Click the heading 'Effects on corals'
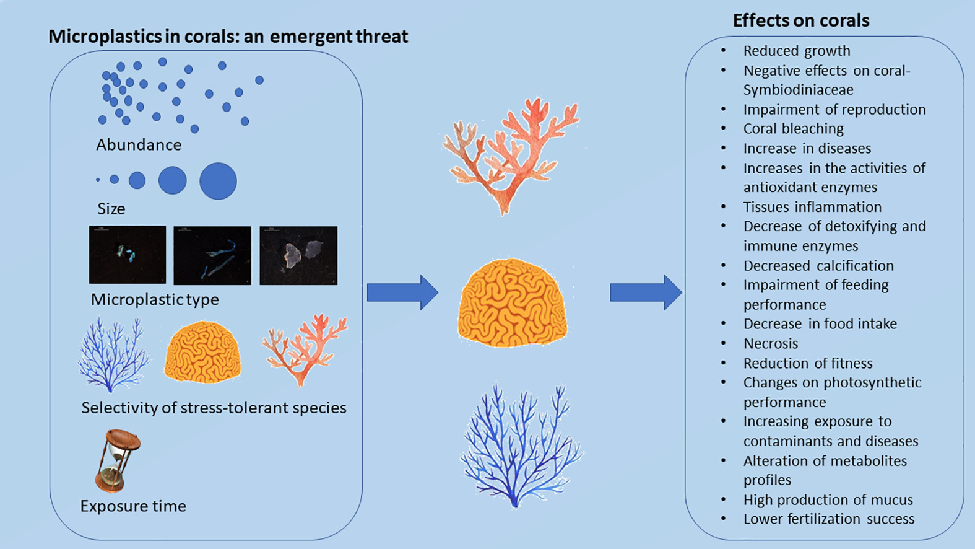click(x=800, y=20)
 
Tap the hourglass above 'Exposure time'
click(x=118, y=460)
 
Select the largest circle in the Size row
click(x=218, y=181)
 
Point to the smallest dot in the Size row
click(x=98, y=180)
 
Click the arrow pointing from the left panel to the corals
click(x=402, y=292)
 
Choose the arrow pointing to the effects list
click(x=646, y=292)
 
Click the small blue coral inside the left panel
click(x=113, y=355)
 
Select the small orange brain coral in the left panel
click(x=202, y=352)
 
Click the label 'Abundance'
click(x=139, y=145)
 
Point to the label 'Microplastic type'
click(x=155, y=299)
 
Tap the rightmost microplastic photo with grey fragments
click(x=298, y=255)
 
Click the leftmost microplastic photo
click(x=128, y=255)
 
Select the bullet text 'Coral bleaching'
click(x=793, y=129)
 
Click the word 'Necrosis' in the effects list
click(x=771, y=343)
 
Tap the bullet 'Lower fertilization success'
click(x=828, y=519)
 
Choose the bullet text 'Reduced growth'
click(x=797, y=51)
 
